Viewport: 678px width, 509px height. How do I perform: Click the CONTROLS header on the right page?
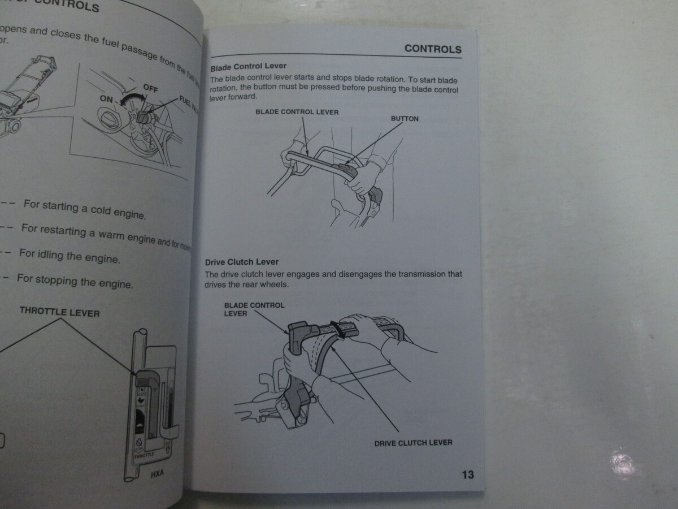433,49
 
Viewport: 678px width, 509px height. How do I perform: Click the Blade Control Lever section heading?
248,66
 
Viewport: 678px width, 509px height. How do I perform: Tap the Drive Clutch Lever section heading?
241,262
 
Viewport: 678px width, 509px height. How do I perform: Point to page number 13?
468,475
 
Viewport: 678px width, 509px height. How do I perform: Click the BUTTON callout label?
405,119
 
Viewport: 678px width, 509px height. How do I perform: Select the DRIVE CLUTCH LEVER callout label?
413,443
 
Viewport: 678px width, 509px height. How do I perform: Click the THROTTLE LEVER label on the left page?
59,312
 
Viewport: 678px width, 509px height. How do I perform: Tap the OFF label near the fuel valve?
150,88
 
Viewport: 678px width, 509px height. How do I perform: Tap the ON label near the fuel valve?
106,99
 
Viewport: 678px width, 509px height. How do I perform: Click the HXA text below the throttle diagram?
157,473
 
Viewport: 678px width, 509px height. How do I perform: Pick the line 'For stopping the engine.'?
75,280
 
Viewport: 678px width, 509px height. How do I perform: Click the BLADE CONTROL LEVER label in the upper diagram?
297,112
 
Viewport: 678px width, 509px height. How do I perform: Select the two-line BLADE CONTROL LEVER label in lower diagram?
254,309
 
